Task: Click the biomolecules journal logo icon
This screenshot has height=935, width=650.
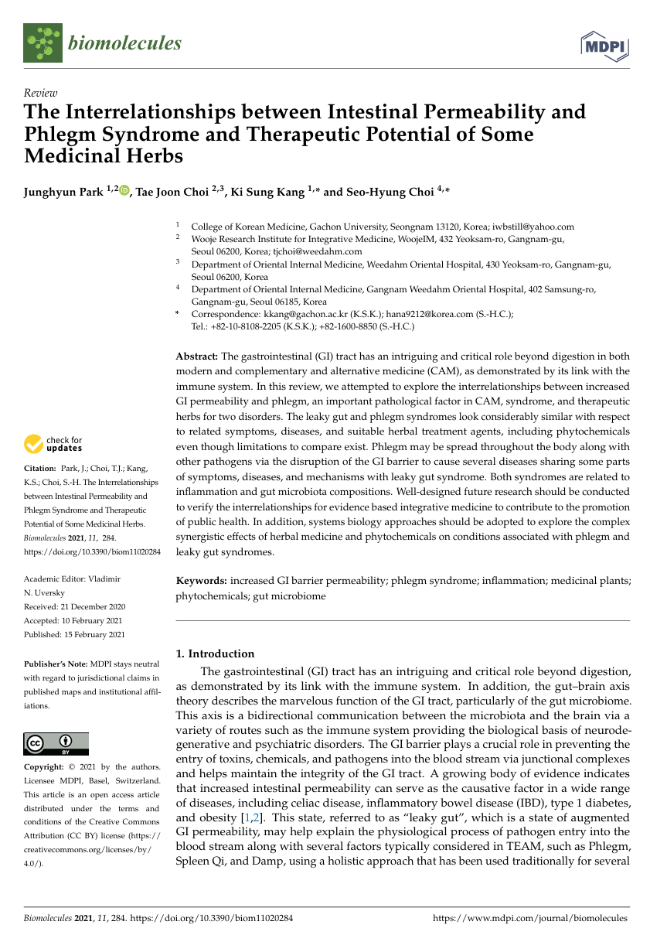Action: pos(43,43)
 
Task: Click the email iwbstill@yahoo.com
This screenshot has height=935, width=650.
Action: pos(534,227)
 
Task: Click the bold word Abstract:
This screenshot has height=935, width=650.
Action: pos(197,356)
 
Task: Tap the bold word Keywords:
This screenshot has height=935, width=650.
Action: pos(202,580)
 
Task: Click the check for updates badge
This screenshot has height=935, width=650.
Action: pos(54,444)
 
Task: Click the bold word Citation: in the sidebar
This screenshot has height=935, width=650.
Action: pos(40,468)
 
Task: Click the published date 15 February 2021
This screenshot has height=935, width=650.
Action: pos(93,634)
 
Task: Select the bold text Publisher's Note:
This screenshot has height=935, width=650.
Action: pos(56,664)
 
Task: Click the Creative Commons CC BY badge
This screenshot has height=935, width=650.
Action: pos(56,744)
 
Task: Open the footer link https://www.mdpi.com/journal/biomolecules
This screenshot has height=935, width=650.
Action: pos(529,918)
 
